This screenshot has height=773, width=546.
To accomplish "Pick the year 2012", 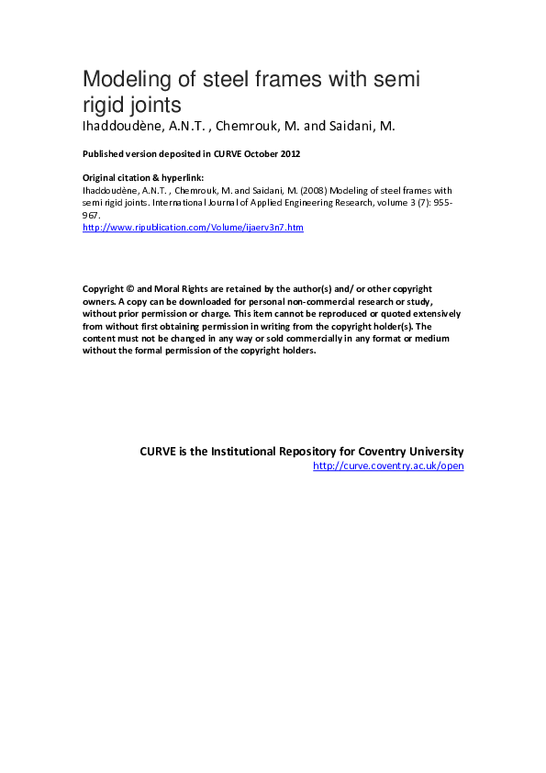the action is pyautogui.click(x=288, y=153).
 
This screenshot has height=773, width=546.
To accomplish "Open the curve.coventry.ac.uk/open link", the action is pyautogui.click(x=388, y=466).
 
